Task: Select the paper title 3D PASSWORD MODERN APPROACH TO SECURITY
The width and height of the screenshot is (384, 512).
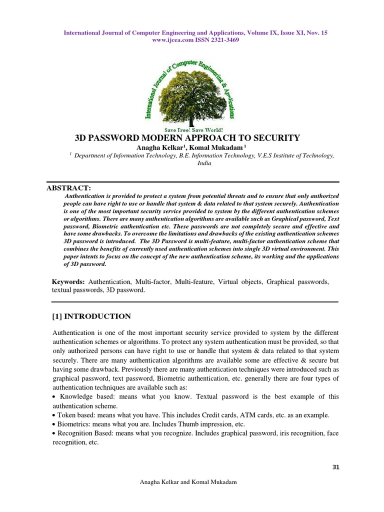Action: [x=187, y=137]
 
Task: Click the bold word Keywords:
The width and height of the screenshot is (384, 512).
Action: [x=68, y=282]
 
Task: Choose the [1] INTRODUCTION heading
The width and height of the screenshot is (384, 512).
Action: [x=91, y=316]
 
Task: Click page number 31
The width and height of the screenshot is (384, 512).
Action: [x=335, y=467]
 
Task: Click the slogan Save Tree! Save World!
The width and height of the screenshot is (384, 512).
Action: [x=191, y=128]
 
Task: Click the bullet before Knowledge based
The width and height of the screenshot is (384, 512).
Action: [x=54, y=396]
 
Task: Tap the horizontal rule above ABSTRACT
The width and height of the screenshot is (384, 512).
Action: [x=192, y=181]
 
